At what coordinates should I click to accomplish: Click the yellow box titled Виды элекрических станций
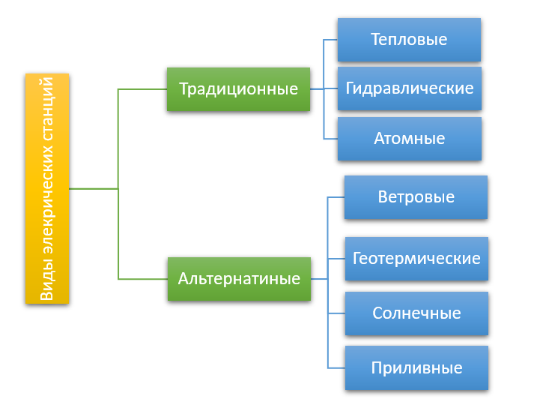47,188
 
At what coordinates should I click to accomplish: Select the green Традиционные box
238,89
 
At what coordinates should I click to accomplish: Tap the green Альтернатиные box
239,279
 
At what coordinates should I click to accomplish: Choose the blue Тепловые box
409,40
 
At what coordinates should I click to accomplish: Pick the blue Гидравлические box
410,88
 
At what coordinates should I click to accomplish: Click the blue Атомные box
410,139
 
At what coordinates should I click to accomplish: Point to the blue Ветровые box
416,197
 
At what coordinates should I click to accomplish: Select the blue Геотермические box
416,259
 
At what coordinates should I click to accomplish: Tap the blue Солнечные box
416,313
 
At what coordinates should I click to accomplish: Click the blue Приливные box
416,368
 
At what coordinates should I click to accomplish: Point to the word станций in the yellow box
47,109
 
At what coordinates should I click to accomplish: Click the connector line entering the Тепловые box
330,40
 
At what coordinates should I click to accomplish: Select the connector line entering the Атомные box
330,139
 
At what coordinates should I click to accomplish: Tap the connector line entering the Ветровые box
336,197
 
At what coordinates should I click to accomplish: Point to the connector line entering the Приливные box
336,368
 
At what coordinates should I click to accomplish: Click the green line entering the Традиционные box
142,89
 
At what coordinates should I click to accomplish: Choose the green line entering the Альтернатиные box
143,279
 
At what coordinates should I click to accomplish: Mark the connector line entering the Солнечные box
336,313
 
